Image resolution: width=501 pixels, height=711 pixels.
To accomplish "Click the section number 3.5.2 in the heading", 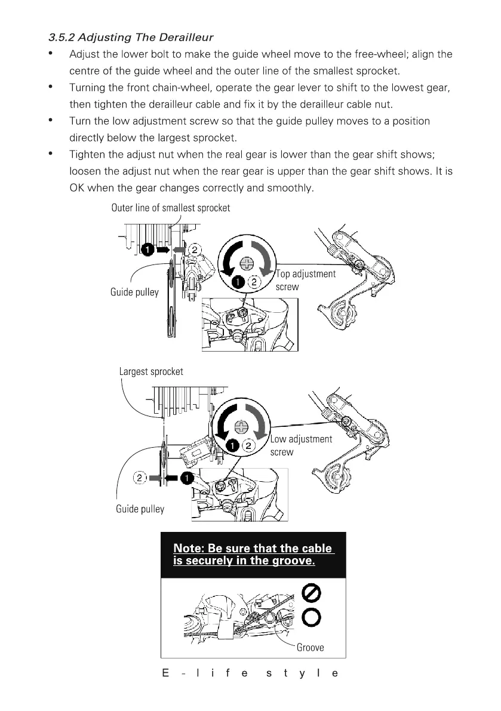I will (x=62, y=38).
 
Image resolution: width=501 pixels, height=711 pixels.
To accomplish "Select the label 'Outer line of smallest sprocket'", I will (x=170, y=208).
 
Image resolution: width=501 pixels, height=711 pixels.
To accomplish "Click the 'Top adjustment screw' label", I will (x=306, y=280).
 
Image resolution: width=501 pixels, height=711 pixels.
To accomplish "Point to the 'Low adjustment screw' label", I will (x=301, y=445).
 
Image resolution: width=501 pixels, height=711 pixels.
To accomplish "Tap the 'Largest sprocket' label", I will (x=151, y=371).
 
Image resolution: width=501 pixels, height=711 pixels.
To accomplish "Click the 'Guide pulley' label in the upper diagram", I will (x=134, y=292).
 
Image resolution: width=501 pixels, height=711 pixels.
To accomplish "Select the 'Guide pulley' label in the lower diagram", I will (x=140, y=509).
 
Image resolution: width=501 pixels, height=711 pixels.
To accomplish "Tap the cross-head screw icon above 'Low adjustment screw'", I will (x=241, y=427).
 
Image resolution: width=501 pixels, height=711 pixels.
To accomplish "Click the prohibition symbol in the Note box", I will (x=313, y=593).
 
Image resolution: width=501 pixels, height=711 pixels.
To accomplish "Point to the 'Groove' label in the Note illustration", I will (x=310, y=647).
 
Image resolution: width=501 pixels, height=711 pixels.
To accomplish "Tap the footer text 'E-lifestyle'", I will (x=250, y=673).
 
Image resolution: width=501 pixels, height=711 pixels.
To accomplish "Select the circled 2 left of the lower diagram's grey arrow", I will (x=139, y=478).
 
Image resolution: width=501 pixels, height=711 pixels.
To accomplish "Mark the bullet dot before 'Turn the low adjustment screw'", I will (x=53, y=121).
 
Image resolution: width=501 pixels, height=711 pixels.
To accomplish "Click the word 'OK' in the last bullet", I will (x=76, y=188).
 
